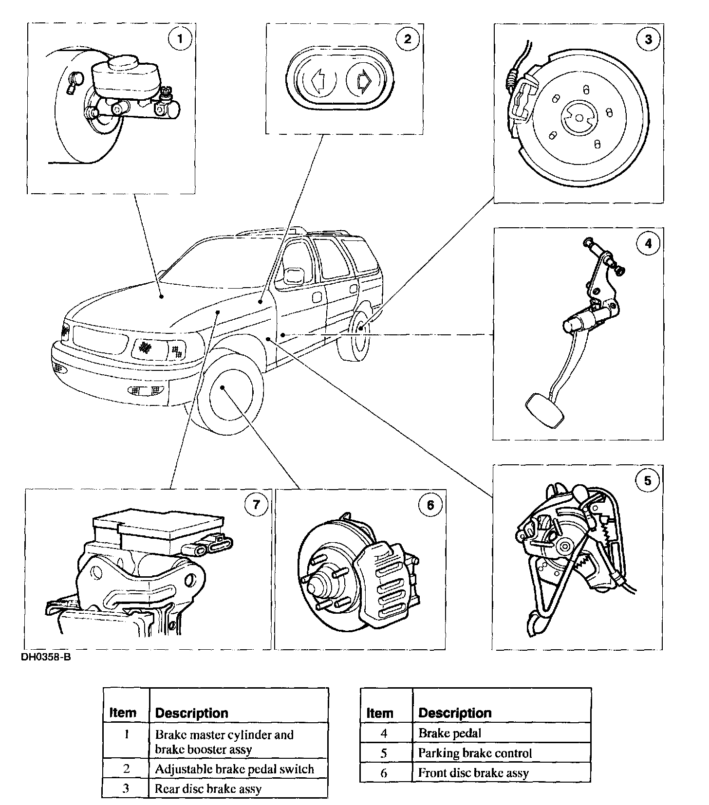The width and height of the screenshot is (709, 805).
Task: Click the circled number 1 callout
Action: coord(180,38)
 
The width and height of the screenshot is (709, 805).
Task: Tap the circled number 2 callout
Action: coord(407,38)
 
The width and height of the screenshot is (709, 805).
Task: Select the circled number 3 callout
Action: coord(648,39)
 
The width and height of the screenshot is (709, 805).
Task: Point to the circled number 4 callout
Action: coord(648,243)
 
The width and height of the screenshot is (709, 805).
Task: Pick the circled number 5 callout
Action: coord(647,481)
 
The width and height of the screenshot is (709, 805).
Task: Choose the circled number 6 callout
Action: coord(430,505)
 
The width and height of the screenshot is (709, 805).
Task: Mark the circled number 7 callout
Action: coord(256,505)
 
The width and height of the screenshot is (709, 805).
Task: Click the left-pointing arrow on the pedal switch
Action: coord(318,81)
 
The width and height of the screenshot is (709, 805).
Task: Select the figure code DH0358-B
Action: coord(42,657)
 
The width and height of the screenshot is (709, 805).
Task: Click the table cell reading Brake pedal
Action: coord(449,732)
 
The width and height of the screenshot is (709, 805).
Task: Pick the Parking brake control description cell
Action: coord(475,753)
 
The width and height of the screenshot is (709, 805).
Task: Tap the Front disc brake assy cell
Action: coord(473,772)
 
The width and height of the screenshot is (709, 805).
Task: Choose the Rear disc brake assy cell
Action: coord(208,788)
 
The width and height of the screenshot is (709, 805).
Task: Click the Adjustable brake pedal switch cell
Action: coord(234,769)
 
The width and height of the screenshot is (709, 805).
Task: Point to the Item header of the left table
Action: coord(123,713)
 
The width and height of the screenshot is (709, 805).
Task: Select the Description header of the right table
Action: coord(455,713)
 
